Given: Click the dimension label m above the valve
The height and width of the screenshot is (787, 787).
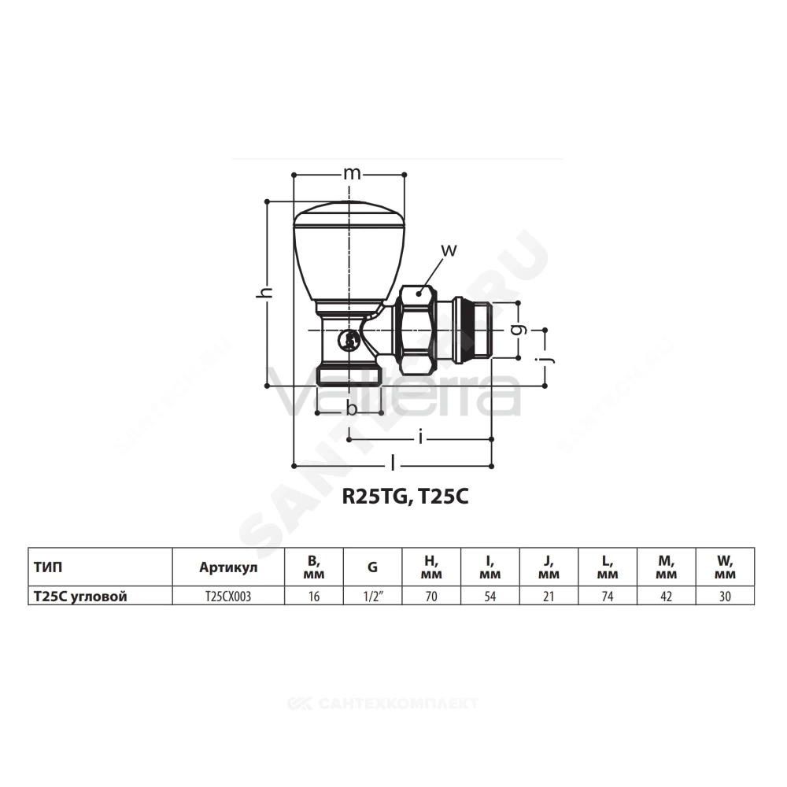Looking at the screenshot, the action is (x=351, y=174).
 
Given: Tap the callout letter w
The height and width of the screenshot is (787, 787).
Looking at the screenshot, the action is (x=449, y=250).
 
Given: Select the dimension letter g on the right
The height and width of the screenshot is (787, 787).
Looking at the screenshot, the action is (x=521, y=329).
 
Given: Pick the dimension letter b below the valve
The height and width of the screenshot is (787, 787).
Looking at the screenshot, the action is (x=352, y=408).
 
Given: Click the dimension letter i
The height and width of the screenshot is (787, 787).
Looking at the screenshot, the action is (x=420, y=438).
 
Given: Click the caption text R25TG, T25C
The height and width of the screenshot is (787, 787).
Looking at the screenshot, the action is (x=405, y=497).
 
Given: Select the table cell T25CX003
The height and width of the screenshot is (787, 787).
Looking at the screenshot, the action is (x=228, y=597).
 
